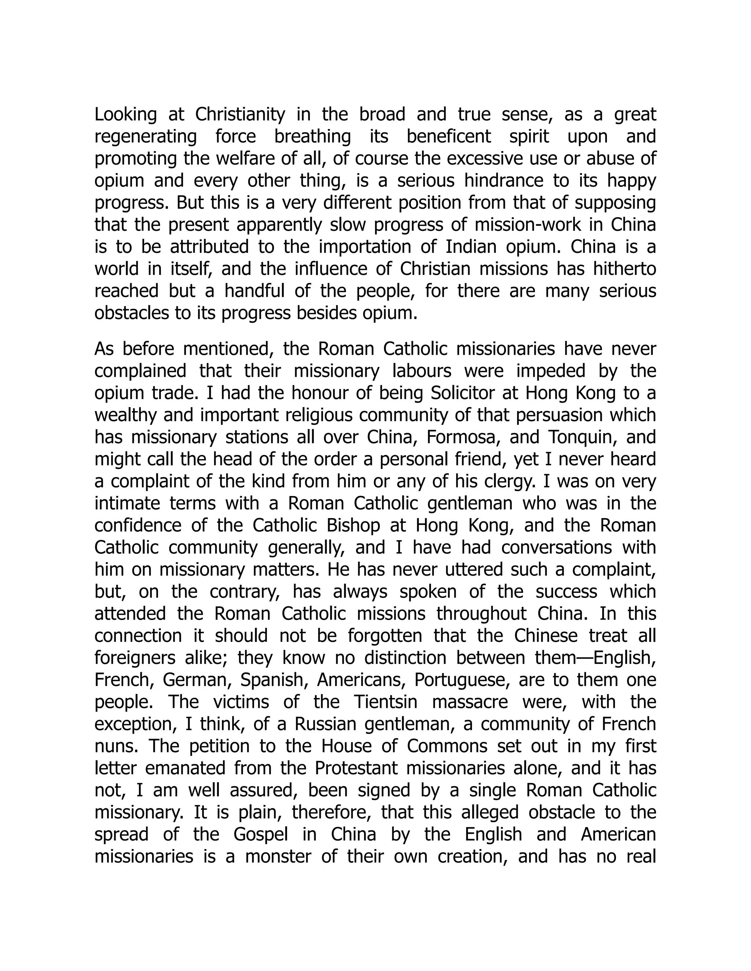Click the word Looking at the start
[125, 115]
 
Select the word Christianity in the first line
[240, 115]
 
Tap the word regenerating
[146, 137]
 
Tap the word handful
[254, 291]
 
